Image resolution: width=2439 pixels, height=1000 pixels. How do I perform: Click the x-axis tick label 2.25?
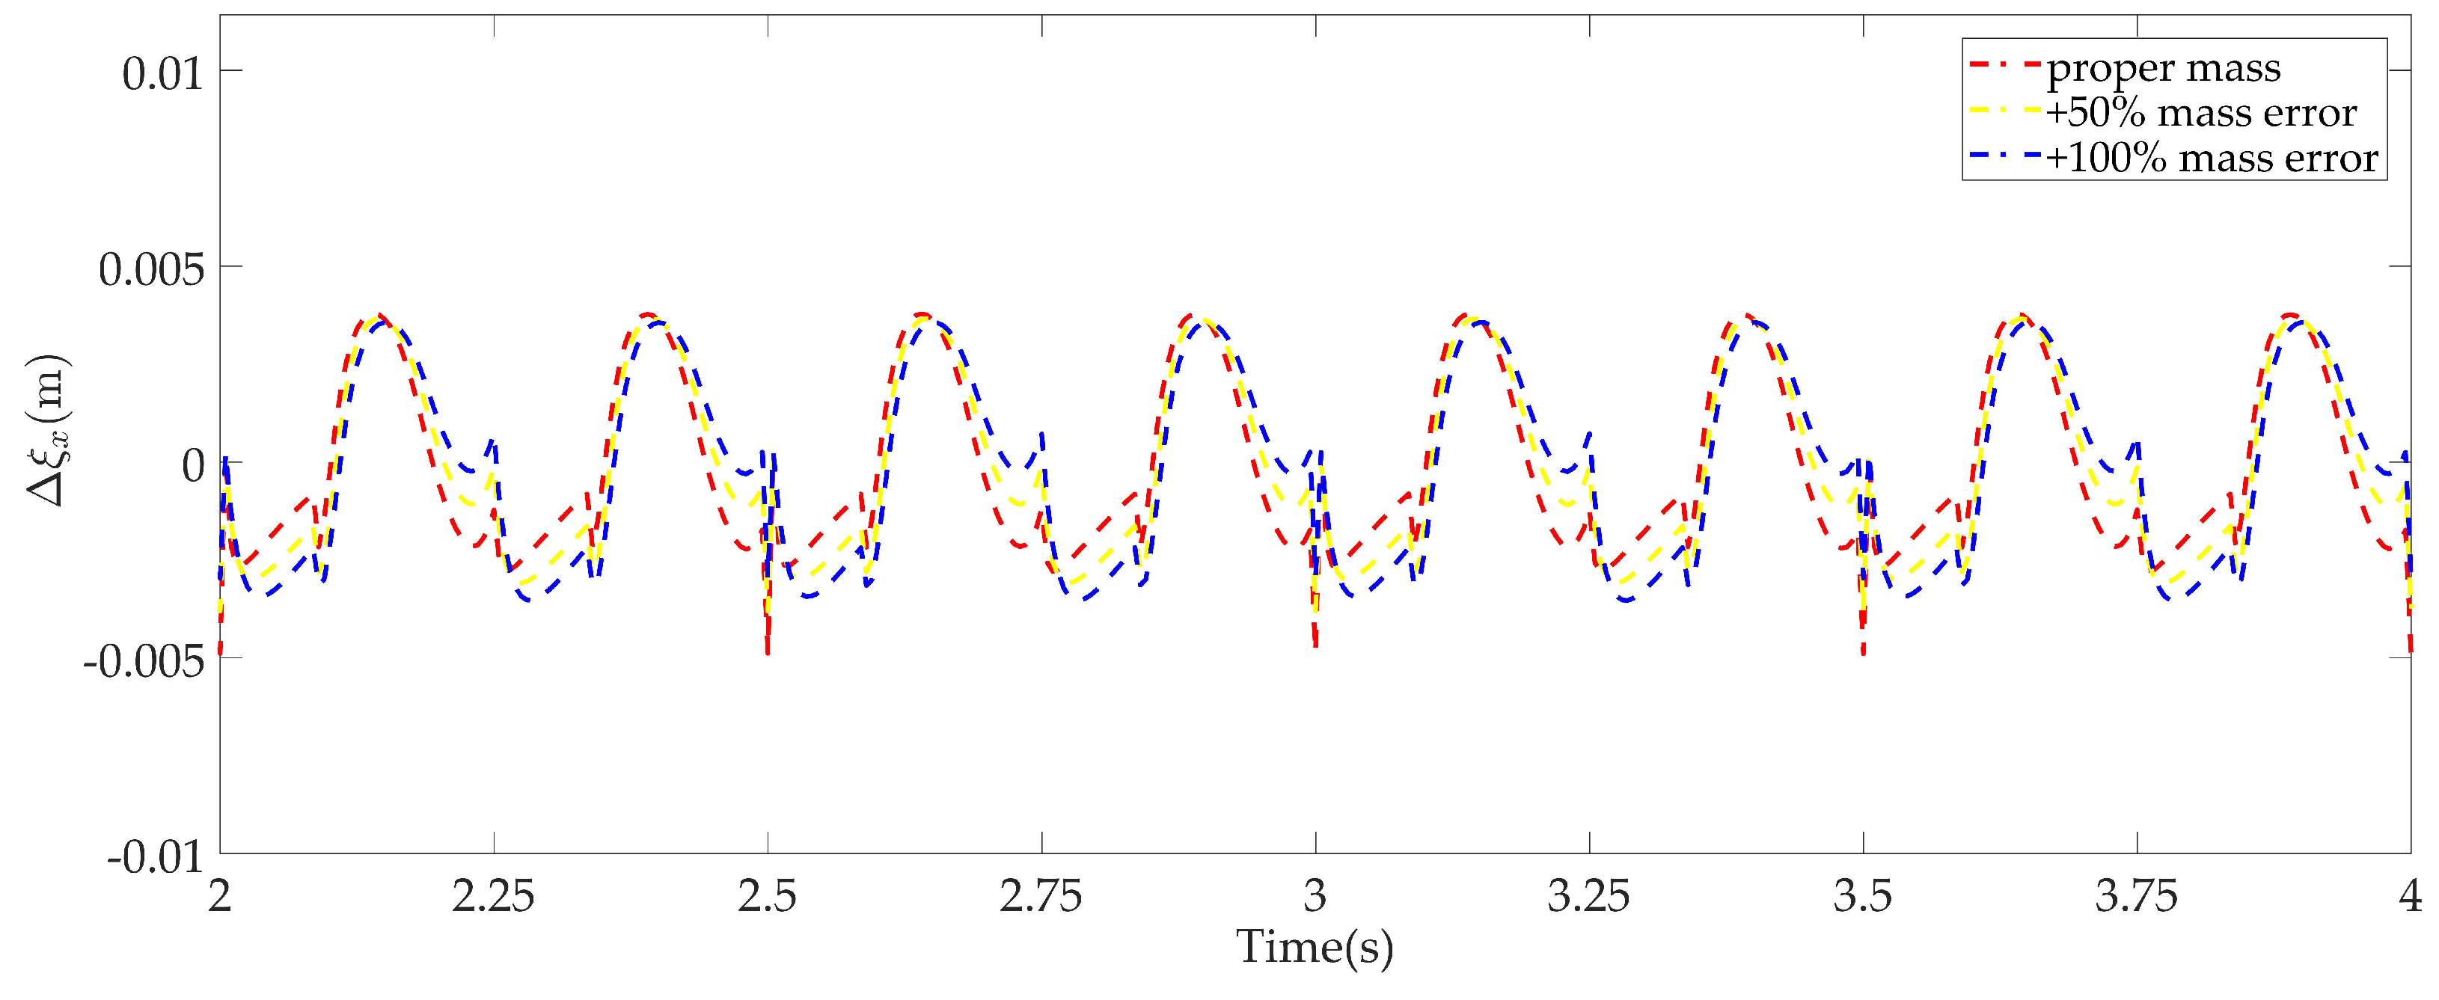click(x=492, y=896)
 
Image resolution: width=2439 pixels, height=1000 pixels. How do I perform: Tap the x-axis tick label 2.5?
click(x=767, y=896)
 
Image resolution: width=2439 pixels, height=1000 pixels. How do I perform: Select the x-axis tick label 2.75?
click(x=1041, y=896)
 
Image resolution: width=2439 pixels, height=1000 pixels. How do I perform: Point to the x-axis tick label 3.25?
click(x=1589, y=896)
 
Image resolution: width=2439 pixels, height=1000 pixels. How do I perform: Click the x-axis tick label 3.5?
click(x=1862, y=896)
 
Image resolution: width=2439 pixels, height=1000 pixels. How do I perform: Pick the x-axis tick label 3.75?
click(x=2136, y=896)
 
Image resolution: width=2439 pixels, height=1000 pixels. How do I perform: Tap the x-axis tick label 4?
click(x=2410, y=896)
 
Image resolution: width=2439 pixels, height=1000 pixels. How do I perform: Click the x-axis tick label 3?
click(x=1315, y=896)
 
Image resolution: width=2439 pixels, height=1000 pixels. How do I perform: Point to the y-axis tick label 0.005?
click(x=151, y=270)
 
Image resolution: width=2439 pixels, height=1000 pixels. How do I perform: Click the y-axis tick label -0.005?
click(x=144, y=661)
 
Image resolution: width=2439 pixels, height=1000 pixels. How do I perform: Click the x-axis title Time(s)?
click(x=1315, y=947)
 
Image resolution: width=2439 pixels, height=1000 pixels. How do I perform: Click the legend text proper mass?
click(x=2164, y=68)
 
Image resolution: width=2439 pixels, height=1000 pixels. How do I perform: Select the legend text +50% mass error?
click(x=2200, y=113)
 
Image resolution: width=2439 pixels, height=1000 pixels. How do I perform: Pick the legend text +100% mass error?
click(x=2212, y=157)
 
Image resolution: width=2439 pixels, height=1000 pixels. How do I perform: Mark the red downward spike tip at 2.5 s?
click(x=767, y=652)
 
